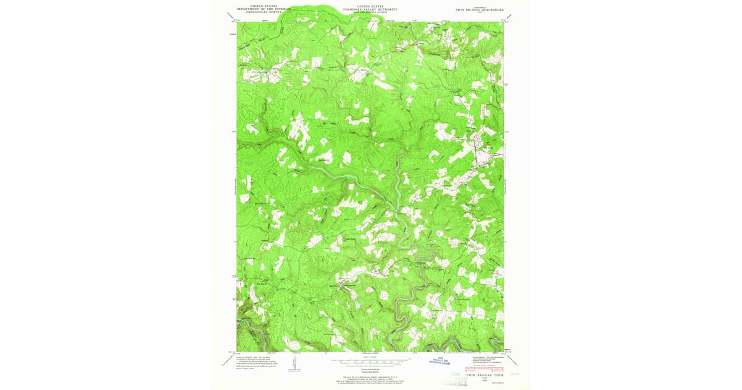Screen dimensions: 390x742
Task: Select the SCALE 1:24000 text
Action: point(370,356)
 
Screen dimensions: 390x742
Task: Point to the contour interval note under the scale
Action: point(370,367)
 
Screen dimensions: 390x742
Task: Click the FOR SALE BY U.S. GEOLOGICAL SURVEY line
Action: point(370,376)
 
